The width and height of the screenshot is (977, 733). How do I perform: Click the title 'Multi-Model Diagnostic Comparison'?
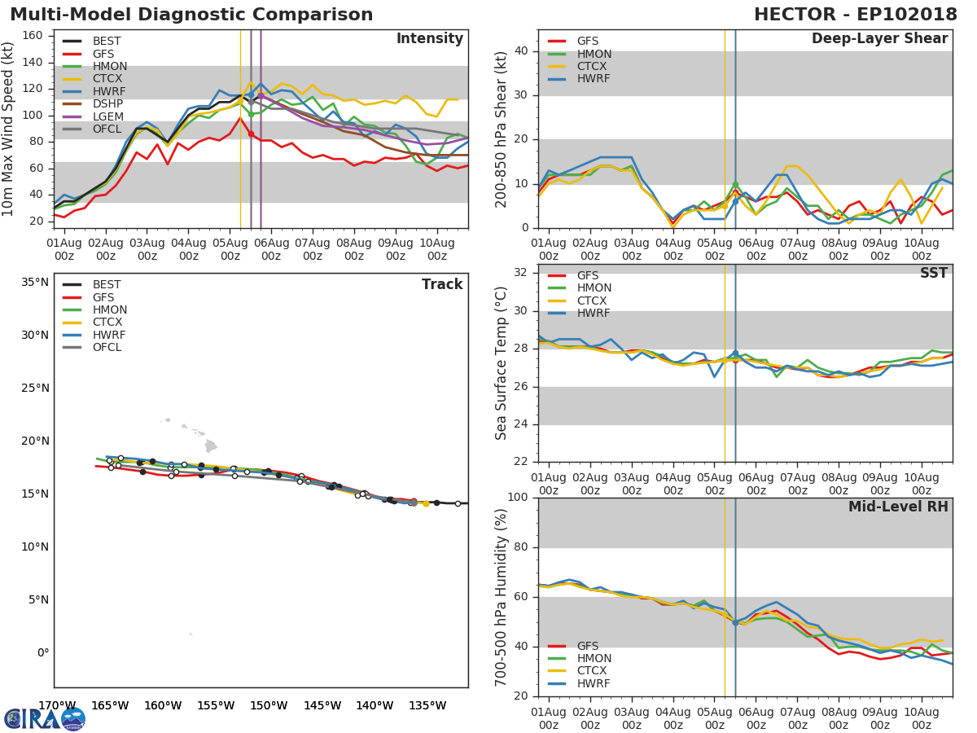(191, 15)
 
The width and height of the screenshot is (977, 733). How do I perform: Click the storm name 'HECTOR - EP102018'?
(855, 15)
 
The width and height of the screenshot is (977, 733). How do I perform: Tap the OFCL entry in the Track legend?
(107, 348)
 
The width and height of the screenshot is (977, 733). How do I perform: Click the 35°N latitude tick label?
(35, 283)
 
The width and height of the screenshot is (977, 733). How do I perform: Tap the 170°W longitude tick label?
(58, 705)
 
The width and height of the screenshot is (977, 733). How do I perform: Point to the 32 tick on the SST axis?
(519, 273)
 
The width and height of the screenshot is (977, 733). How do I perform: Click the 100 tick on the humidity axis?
(515, 498)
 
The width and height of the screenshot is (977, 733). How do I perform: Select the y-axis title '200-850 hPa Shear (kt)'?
(502, 129)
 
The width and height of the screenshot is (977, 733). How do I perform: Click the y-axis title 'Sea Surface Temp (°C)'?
(502, 363)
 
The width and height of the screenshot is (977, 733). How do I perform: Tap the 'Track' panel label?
(441, 285)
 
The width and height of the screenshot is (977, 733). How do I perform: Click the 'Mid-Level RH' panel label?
(898, 507)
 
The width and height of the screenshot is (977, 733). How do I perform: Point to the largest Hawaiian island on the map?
(211, 446)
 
